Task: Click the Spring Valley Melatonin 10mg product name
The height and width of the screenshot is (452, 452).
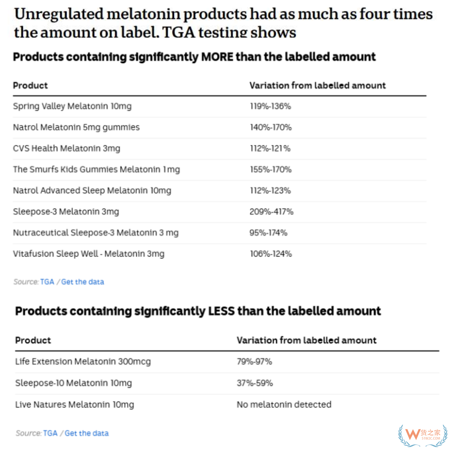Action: coord(72,106)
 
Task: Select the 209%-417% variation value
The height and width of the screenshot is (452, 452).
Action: coord(271,212)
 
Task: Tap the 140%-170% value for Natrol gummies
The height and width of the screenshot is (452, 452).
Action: coord(270,127)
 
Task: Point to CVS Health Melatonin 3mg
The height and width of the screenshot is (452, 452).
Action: coord(67,148)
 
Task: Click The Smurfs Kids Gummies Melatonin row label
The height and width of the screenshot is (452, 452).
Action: coord(96,169)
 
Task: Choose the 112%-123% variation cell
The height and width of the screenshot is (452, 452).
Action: coord(270,191)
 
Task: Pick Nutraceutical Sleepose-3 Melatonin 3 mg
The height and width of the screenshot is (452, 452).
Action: coord(96,233)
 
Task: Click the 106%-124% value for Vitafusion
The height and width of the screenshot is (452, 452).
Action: coord(271,254)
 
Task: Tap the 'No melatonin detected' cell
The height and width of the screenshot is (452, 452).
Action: coord(284,405)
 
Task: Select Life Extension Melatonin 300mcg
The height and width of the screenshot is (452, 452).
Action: coord(83,362)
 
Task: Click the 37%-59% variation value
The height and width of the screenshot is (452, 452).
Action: coord(255,383)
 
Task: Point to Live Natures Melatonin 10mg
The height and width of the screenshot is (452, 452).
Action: coord(75,405)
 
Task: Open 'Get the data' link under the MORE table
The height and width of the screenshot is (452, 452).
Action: coord(82,282)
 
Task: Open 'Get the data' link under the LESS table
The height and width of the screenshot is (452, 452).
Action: coord(87,433)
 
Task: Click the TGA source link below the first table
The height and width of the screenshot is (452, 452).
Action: coord(47,282)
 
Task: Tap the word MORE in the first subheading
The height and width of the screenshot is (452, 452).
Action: coord(217,57)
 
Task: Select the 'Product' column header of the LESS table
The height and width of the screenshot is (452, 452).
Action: coord(33,340)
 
